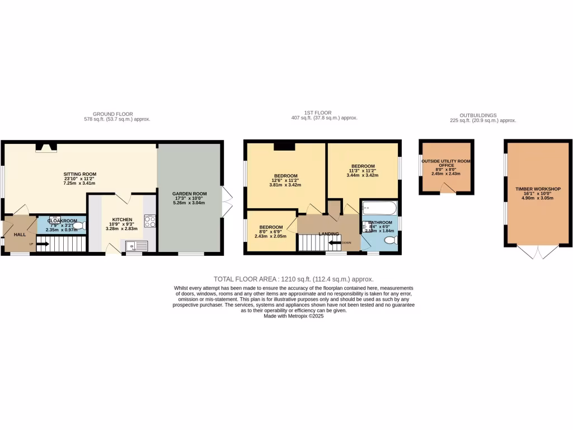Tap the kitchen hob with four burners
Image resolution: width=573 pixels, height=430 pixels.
[150, 221]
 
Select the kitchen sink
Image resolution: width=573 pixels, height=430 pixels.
[134, 245]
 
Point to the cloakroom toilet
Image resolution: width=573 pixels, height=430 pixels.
[79, 226]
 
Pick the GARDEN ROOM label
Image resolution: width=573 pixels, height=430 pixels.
[189, 194]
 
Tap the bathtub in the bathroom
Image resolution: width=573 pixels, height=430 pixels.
[379, 209]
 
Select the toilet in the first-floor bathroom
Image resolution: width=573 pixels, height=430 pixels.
[390, 240]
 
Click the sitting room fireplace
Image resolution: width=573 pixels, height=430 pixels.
[46, 147]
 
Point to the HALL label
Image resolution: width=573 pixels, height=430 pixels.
[20, 235]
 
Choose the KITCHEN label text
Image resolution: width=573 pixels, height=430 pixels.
[122, 219]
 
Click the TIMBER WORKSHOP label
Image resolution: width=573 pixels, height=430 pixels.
[538, 189]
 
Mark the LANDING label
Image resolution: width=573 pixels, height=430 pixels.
[328, 233]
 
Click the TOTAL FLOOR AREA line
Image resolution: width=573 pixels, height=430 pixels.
[293, 279]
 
